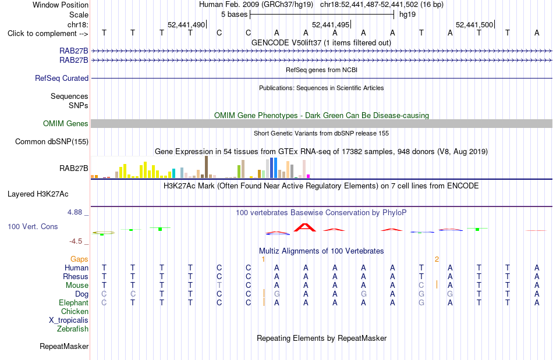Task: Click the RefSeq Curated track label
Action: tap(62, 78)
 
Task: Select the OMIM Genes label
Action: tap(66, 124)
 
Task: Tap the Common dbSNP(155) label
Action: tap(52, 141)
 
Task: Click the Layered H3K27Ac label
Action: tap(38, 194)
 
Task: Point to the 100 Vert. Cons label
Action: tap(33, 226)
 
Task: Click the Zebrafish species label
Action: tap(73, 329)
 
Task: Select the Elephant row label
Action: tap(74, 303)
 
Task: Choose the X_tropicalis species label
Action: tap(69, 320)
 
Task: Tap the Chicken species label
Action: tap(75, 311)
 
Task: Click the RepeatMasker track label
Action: tap(64, 346)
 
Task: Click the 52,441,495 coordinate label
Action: tap(331, 24)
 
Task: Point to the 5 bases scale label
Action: tap(234, 15)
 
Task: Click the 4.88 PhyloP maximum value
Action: tap(75, 212)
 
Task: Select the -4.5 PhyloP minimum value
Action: tap(76, 241)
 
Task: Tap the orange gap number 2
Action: tap(437, 259)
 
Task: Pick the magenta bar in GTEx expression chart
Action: tap(309, 176)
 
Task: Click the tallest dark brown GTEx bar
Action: tap(206, 167)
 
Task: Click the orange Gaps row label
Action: tap(79, 259)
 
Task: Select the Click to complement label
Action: tap(48, 34)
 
